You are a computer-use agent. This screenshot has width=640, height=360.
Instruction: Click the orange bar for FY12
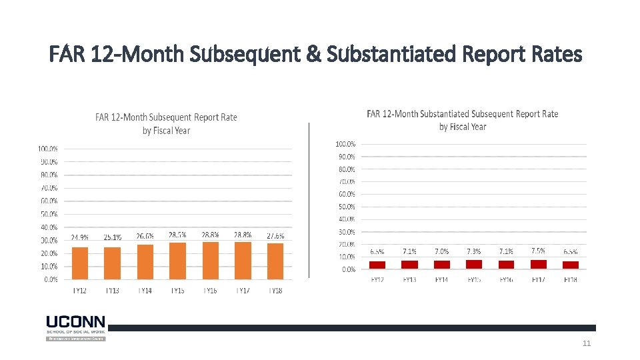click(x=79, y=263)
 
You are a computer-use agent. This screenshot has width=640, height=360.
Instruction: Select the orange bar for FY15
click(x=177, y=261)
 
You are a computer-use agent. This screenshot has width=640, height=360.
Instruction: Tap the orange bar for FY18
click(x=275, y=261)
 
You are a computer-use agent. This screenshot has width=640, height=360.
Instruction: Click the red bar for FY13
click(x=409, y=265)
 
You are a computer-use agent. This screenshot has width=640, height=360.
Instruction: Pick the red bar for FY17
click(x=539, y=264)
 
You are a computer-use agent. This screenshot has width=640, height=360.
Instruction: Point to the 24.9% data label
click(x=80, y=237)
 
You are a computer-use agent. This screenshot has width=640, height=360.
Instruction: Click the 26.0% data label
click(x=145, y=236)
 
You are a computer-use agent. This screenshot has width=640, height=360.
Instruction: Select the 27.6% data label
click(x=275, y=235)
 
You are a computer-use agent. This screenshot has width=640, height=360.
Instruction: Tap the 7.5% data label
click(x=539, y=251)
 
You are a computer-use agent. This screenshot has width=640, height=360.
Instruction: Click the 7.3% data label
click(x=474, y=251)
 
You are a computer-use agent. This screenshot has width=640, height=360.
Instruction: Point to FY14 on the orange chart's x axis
click(x=145, y=291)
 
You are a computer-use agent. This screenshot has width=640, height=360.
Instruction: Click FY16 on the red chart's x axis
click(x=506, y=280)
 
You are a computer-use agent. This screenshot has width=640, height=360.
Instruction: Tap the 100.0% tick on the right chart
click(x=345, y=144)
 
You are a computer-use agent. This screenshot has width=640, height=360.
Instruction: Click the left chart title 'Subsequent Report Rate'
click(x=166, y=123)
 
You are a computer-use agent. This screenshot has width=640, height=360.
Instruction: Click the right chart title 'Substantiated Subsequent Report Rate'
click(x=463, y=120)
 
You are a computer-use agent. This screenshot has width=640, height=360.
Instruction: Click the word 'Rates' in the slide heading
click(x=557, y=55)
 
